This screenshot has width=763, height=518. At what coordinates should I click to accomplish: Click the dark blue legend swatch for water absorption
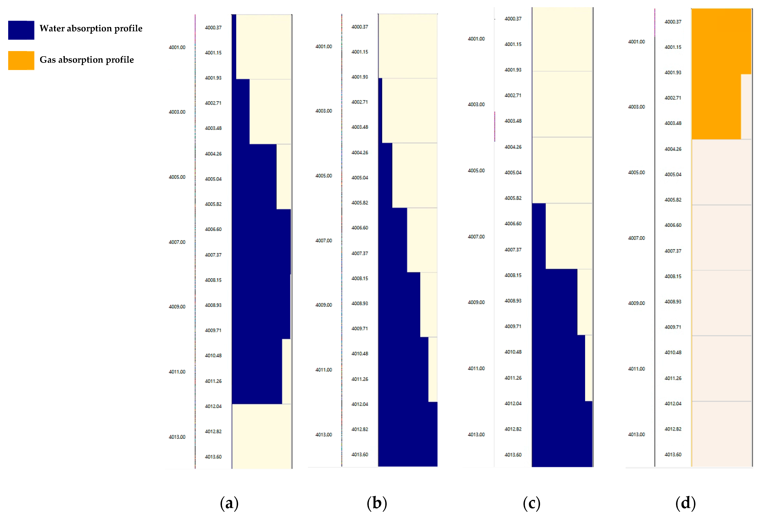click(x=21, y=30)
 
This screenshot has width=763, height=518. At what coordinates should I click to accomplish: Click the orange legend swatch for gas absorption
click(x=21, y=60)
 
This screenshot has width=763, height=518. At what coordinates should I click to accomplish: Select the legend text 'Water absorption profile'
click(x=91, y=29)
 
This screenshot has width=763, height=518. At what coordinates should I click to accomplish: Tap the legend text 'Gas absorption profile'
click(x=87, y=60)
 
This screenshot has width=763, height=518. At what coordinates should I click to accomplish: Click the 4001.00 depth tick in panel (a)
click(x=177, y=47)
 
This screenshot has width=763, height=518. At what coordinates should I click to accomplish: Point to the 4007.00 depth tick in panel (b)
click(x=324, y=240)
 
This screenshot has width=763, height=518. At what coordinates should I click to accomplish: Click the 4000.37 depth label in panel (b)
click(x=360, y=27)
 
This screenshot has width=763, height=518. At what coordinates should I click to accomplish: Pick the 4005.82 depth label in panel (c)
click(x=513, y=198)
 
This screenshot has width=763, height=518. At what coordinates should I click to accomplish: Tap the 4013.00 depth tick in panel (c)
click(x=476, y=434)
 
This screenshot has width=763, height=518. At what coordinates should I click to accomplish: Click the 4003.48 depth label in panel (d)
click(x=673, y=123)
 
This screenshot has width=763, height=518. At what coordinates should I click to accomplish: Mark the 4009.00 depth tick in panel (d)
click(x=636, y=303)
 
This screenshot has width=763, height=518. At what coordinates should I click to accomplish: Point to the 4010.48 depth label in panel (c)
click(x=513, y=352)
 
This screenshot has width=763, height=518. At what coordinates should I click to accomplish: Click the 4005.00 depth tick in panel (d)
click(x=636, y=173)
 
